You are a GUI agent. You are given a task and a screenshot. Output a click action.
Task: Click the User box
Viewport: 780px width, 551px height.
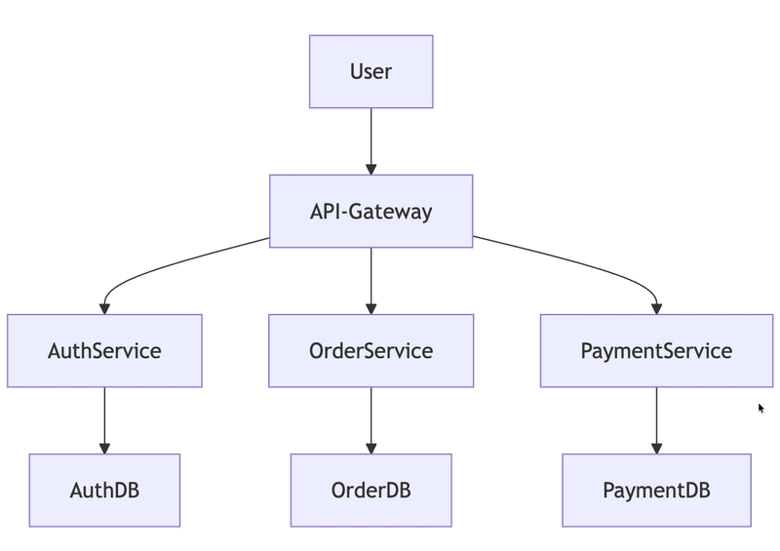[x=370, y=71]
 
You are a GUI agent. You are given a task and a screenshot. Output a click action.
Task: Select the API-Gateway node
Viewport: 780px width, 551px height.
[x=370, y=211]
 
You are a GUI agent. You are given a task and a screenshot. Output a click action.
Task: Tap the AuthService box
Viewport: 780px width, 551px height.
[x=104, y=350]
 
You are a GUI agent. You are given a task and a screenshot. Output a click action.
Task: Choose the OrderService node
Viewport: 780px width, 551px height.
[x=370, y=350]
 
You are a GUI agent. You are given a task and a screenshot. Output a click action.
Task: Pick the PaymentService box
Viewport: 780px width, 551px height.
[x=656, y=350]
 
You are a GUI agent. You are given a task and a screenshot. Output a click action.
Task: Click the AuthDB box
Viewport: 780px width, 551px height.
[x=104, y=490]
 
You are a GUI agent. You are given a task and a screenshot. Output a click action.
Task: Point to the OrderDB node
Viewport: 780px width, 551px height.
[x=370, y=490]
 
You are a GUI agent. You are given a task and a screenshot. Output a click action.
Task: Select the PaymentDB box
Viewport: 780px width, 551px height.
[x=656, y=490]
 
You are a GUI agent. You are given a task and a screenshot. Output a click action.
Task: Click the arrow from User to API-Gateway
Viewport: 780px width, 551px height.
[x=370, y=137]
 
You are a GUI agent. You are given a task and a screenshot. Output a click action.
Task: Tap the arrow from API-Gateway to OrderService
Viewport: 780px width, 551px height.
[x=370, y=277]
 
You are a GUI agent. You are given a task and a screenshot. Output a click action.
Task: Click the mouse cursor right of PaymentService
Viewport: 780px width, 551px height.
[x=761, y=409]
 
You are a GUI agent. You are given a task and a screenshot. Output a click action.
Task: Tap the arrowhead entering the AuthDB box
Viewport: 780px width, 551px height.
[x=104, y=448]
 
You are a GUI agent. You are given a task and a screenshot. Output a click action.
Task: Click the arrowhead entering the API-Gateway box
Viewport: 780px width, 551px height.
[x=370, y=169]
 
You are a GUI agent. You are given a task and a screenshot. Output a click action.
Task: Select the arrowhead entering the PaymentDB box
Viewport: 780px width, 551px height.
[x=656, y=448]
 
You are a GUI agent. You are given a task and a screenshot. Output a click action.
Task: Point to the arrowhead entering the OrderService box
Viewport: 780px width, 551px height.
[x=370, y=308]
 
